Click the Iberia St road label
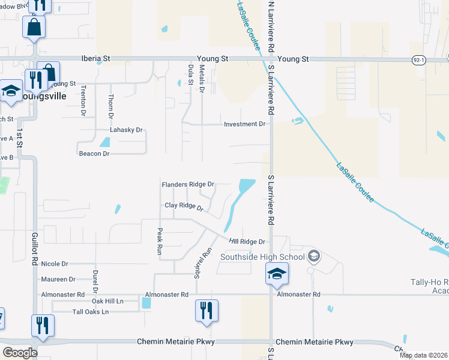[97, 59]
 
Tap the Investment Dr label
[244, 124]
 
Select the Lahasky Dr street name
[126, 130]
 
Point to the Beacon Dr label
[94, 154]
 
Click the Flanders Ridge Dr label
[188, 184]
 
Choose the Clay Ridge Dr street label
[184, 206]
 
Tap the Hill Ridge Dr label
[247, 242]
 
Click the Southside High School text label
[262, 257]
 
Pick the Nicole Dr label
[55, 263]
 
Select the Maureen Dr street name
[58, 279]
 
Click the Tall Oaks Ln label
[91, 312]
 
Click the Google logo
[20, 353]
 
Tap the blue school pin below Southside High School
[276, 274]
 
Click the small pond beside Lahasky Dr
[105, 142]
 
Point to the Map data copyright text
[423, 355]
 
